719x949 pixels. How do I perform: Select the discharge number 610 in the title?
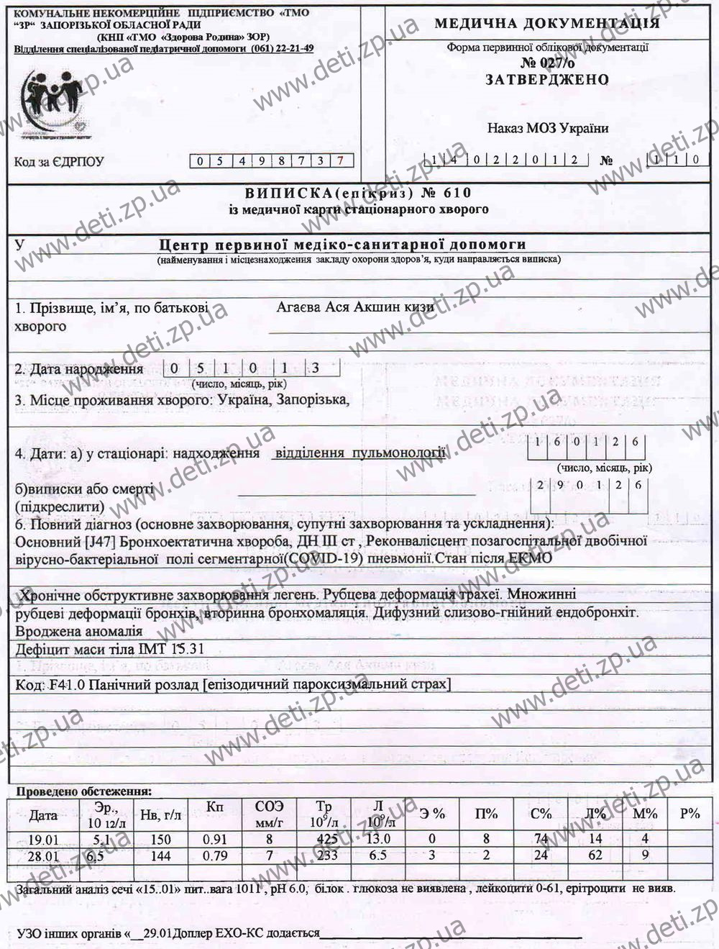coord(457,193)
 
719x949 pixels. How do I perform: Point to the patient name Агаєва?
coord(301,307)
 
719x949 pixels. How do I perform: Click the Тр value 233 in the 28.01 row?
coord(327,855)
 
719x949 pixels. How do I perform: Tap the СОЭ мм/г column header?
coord(270,814)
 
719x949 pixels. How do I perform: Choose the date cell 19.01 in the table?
coord(44,839)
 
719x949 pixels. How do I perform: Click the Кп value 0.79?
coord(214,855)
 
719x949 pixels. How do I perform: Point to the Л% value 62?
coord(595,855)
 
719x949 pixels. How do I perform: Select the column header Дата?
coord(44,815)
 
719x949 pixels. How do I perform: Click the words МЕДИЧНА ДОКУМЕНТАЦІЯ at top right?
coord(546,24)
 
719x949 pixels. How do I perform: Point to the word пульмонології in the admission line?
coord(398,453)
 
